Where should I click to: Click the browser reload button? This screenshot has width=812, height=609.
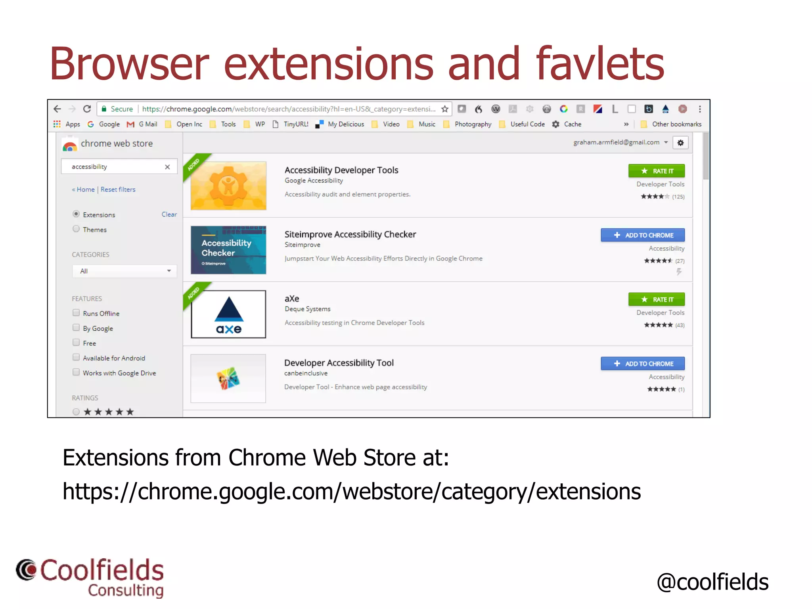[x=87, y=109]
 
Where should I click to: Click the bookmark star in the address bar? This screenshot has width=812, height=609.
[x=445, y=109]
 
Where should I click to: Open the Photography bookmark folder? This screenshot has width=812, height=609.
[x=473, y=124]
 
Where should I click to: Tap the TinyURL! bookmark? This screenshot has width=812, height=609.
[x=295, y=124]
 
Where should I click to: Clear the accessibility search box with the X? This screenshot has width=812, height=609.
[x=167, y=167]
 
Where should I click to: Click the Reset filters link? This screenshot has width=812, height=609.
[x=118, y=190]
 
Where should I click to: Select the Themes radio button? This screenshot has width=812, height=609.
[x=76, y=229]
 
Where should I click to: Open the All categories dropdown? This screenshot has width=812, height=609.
[x=124, y=271]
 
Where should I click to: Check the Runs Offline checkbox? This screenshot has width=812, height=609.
[x=76, y=313]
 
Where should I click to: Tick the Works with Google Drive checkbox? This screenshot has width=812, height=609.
[x=76, y=372]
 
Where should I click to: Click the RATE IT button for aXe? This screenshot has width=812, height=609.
[x=656, y=299]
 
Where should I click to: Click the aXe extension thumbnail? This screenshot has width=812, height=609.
[x=228, y=314]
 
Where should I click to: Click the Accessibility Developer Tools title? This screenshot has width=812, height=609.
[x=341, y=170]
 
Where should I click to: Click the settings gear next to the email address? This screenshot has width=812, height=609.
[x=680, y=143]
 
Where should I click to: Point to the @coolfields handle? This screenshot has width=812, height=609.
[x=712, y=582]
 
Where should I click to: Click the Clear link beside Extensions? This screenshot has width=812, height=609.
[x=169, y=214]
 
